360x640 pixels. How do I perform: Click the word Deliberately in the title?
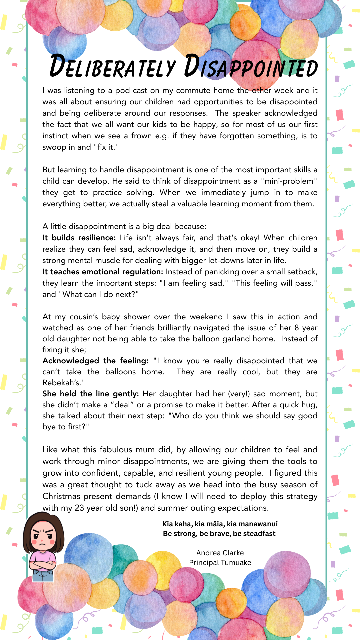click(x=112, y=66)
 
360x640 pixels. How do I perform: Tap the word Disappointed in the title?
click(x=251, y=66)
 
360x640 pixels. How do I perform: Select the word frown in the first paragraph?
click(x=142, y=136)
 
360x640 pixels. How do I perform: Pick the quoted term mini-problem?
click(x=289, y=181)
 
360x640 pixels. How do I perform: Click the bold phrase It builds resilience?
click(x=79, y=238)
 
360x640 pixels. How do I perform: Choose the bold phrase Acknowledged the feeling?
click(x=95, y=361)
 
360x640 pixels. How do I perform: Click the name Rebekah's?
click(x=63, y=383)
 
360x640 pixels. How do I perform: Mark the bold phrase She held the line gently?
click(x=90, y=394)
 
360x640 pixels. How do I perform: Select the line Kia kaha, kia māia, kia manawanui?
click(x=220, y=524)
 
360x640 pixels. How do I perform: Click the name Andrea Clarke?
click(x=220, y=553)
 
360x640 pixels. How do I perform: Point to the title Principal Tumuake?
click(x=220, y=563)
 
